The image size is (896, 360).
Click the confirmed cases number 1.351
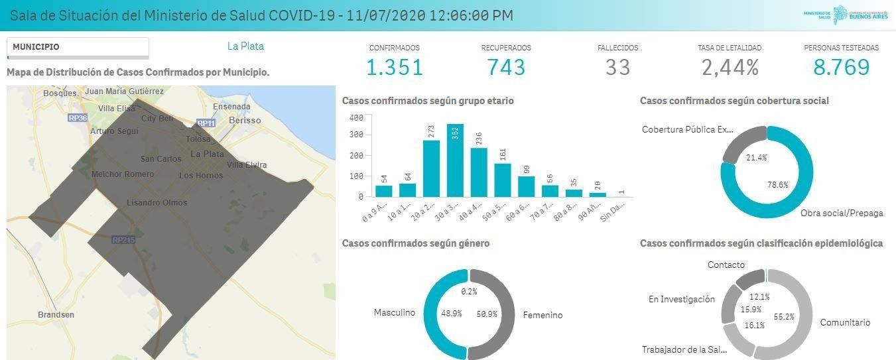394,67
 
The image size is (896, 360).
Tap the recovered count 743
506,67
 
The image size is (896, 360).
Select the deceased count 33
617,67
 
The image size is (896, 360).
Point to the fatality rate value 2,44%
730,67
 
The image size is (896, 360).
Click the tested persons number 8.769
841,67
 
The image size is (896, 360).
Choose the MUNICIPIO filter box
78,48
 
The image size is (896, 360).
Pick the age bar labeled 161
502,180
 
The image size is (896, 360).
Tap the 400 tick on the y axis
356,118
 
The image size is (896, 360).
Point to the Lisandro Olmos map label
157,203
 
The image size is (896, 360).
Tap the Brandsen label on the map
56,314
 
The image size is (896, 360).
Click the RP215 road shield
123,240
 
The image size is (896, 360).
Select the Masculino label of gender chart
394,312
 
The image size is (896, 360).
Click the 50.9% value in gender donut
486,314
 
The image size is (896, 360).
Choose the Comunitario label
845,323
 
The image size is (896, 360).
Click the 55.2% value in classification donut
783,318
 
